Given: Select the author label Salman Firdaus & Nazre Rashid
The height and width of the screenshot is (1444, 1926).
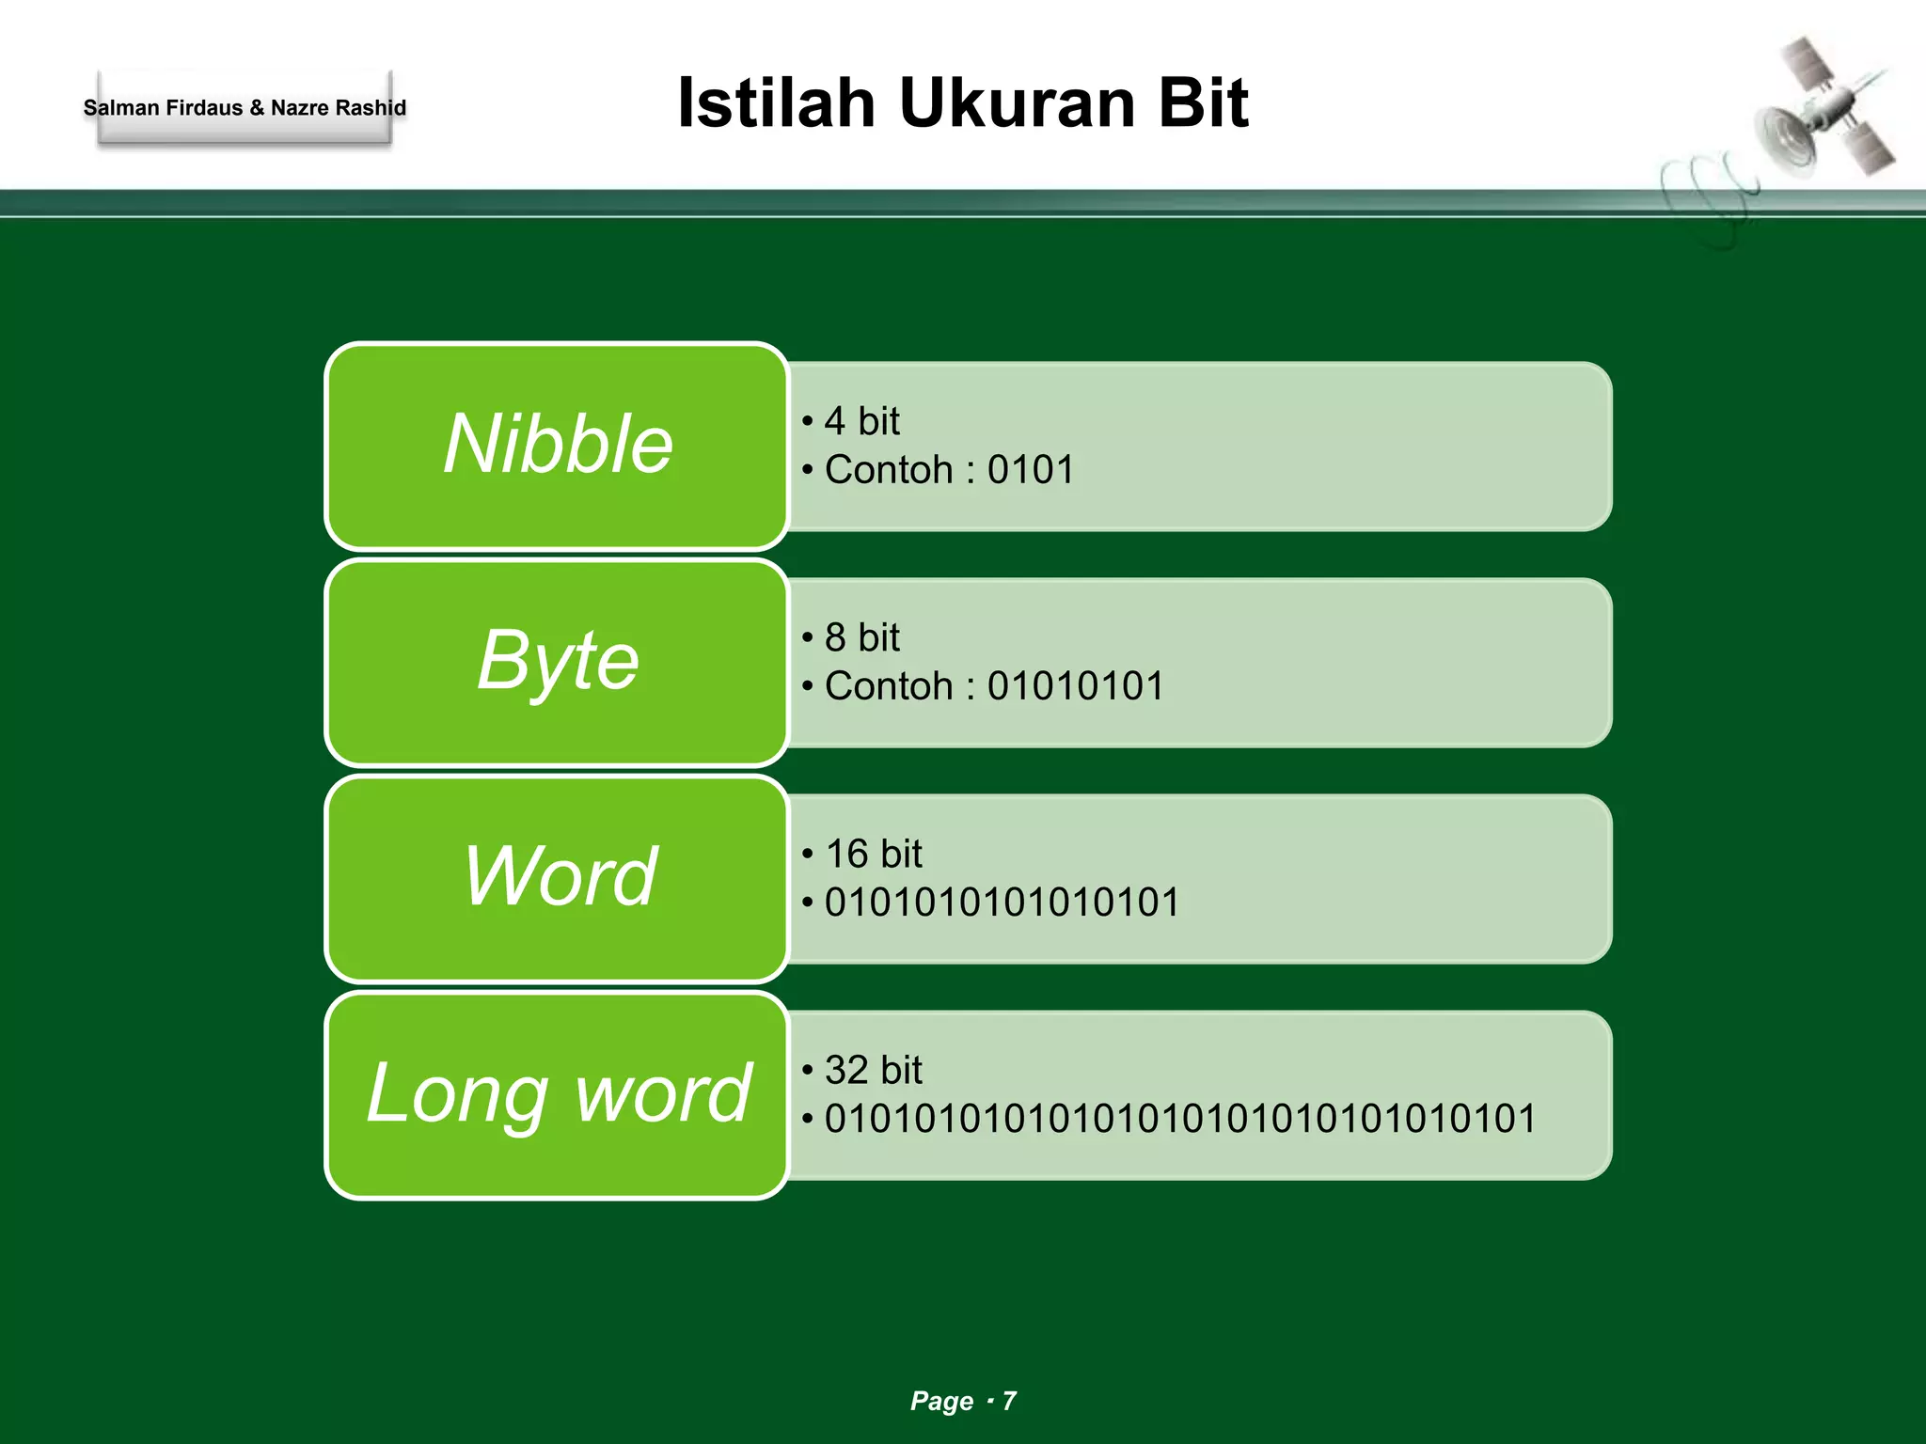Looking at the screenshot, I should click(245, 108).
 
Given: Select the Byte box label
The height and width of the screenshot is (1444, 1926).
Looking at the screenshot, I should click(558, 660).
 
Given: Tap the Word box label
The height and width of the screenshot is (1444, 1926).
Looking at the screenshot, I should click(560, 876).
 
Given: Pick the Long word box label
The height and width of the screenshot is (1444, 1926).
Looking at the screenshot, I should click(559, 1092).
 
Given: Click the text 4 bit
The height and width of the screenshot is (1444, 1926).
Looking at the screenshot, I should click(861, 421).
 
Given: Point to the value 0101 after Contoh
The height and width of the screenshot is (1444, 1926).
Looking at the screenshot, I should click(1031, 470).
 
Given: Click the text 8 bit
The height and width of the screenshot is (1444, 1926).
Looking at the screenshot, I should click(861, 637).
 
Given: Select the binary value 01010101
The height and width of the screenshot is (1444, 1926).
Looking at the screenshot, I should click(1076, 686).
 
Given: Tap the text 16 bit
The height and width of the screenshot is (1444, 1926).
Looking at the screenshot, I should click(873, 854).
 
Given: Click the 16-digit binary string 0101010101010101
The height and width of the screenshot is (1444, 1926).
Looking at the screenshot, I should click(1002, 902).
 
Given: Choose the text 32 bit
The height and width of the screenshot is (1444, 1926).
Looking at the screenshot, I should click(873, 1070).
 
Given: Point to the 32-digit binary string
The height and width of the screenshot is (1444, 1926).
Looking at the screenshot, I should click(1180, 1119).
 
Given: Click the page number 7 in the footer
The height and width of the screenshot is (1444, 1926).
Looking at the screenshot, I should click(1009, 1401).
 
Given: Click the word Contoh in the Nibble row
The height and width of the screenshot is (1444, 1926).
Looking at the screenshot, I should click(889, 470).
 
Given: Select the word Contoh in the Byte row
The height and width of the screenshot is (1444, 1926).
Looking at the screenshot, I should click(889, 686).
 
